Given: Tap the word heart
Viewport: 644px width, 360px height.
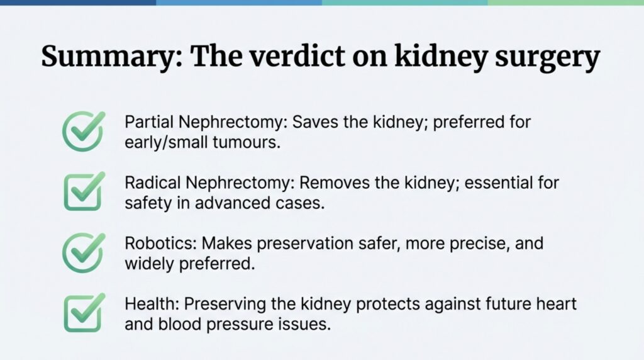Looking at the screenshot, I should (559, 304).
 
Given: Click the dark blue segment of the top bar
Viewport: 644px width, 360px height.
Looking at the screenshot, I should (78, 3).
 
